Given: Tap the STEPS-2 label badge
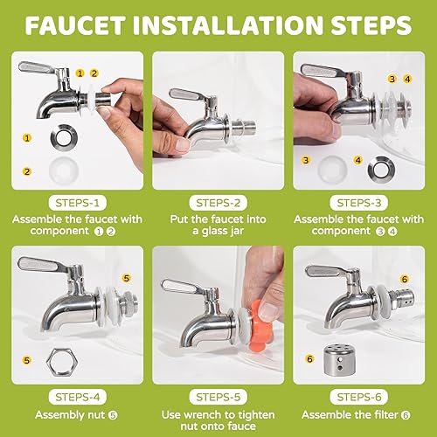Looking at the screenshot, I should click(218, 198).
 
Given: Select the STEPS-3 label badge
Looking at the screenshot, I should click(362, 198).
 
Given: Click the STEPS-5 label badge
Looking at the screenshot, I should click(218, 392).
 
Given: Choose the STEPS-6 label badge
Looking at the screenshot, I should click(362, 392).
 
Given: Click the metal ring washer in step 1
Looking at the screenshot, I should click(61, 138).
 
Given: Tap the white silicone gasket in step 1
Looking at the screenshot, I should click(61, 170).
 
